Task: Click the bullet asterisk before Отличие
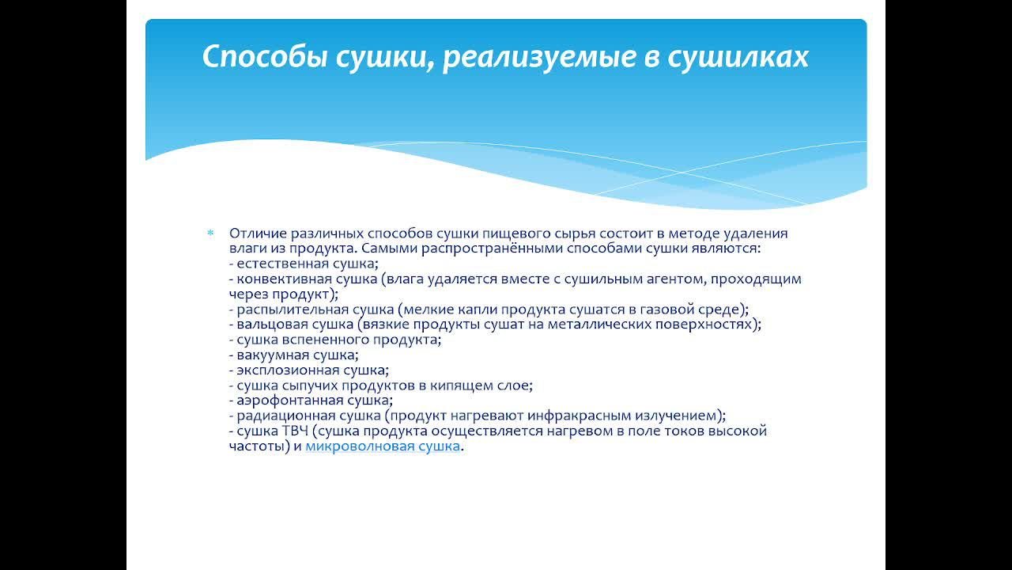(210, 234)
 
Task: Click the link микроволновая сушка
(383, 446)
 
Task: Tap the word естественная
(278, 264)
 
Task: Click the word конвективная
(278, 279)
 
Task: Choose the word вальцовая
(266, 324)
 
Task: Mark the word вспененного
(316, 339)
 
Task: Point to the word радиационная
(276, 415)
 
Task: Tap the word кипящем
(471, 386)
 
